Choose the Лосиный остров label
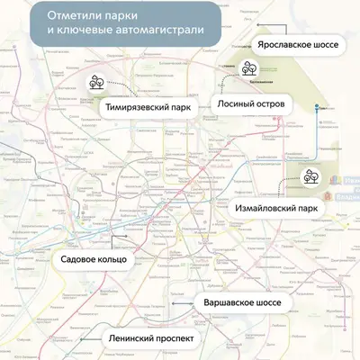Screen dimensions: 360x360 pyautogui.click(x=251, y=103)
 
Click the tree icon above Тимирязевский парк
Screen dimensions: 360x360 pyautogui.click(x=97, y=82)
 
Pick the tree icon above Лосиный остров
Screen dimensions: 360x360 pyautogui.click(x=249, y=67)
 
